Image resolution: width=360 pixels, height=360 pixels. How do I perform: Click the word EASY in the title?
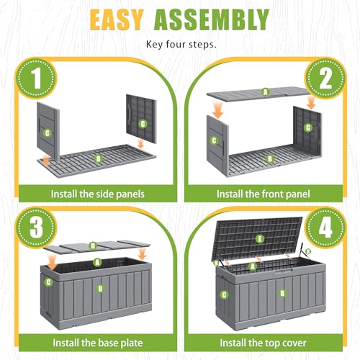[117, 20]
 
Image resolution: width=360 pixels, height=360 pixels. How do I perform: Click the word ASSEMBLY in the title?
[212, 20]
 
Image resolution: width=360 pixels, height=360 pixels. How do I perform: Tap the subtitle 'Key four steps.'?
[181, 45]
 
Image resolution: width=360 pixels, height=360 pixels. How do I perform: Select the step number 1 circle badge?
[36, 78]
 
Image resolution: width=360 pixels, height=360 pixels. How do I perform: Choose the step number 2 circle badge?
[325, 78]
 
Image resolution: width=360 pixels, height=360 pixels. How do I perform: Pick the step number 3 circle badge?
[36, 227]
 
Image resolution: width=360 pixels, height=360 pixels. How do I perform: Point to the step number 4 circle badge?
[325, 227]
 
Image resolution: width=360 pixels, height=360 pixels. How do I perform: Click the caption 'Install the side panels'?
[98, 194]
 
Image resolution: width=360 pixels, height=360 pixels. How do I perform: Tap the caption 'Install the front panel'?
[264, 194]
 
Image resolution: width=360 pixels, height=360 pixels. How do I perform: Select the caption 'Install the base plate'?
[98, 343]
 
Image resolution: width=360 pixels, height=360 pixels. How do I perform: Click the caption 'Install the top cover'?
[264, 343]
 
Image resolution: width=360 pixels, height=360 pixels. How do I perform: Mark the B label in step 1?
[98, 158]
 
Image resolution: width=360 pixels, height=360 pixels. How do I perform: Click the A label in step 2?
[265, 92]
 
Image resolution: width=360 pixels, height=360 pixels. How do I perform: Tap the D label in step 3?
[93, 246]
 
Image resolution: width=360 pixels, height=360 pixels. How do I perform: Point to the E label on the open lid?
[260, 239]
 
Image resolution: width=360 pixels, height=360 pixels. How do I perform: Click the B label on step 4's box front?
[282, 293]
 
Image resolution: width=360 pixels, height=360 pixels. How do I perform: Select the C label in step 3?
[48, 282]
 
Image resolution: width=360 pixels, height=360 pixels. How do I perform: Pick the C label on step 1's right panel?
[143, 124]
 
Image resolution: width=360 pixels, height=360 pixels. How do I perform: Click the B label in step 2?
[270, 158]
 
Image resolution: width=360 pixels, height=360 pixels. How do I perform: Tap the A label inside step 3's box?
[97, 263]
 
